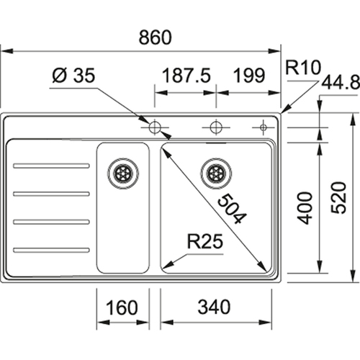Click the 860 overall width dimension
click(x=156, y=37)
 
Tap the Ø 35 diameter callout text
click(x=73, y=75)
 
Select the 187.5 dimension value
click(x=186, y=76)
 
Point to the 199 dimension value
click(x=249, y=76)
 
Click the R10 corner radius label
click(x=303, y=68)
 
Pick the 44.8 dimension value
click(x=341, y=83)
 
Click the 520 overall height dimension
click(x=338, y=198)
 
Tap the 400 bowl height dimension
click(x=305, y=208)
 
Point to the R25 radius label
click(x=205, y=241)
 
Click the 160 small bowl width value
click(x=122, y=307)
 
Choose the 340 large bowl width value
click(x=214, y=307)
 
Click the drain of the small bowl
click(x=123, y=174)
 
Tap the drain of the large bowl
click(x=216, y=174)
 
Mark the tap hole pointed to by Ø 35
click(x=154, y=127)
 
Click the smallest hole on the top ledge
click(x=264, y=127)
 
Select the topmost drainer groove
click(x=51, y=166)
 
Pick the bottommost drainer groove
click(x=51, y=250)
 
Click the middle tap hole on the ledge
click(x=216, y=127)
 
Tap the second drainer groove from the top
click(x=51, y=194)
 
